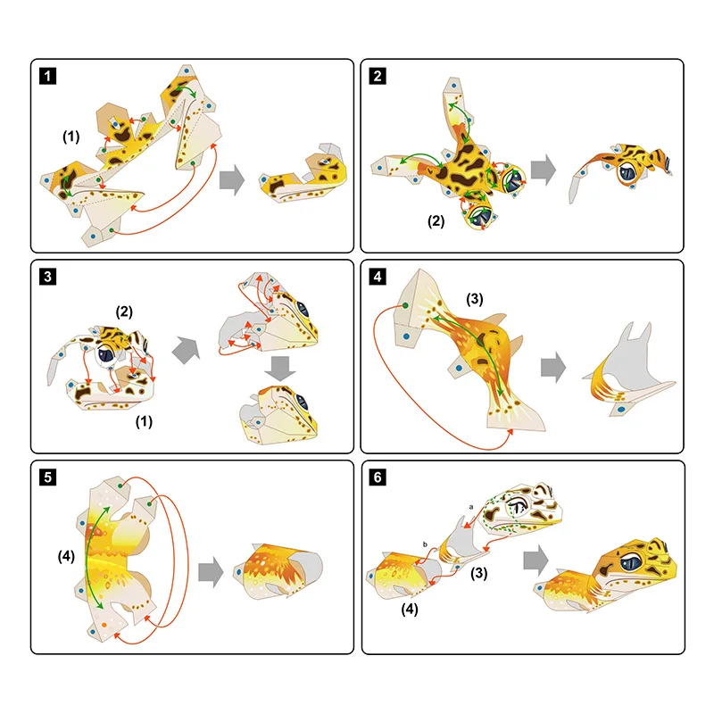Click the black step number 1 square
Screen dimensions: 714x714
48,76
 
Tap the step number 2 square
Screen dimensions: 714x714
378,76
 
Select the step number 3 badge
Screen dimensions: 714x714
48,277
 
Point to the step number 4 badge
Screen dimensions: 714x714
378,277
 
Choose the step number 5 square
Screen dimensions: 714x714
48,477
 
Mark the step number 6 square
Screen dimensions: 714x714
378,477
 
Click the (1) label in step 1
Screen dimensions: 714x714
71,137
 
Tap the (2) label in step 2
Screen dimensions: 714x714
436,221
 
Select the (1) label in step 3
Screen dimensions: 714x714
144,421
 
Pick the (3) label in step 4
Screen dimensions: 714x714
475,299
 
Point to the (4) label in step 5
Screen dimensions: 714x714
66,556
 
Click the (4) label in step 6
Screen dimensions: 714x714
410,610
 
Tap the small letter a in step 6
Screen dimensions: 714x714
471,507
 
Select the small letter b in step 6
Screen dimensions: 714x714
426,544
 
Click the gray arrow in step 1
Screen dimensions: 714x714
232,180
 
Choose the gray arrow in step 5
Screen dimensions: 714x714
211,572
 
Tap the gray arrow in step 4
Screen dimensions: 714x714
553,368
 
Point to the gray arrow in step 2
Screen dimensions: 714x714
544,170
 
